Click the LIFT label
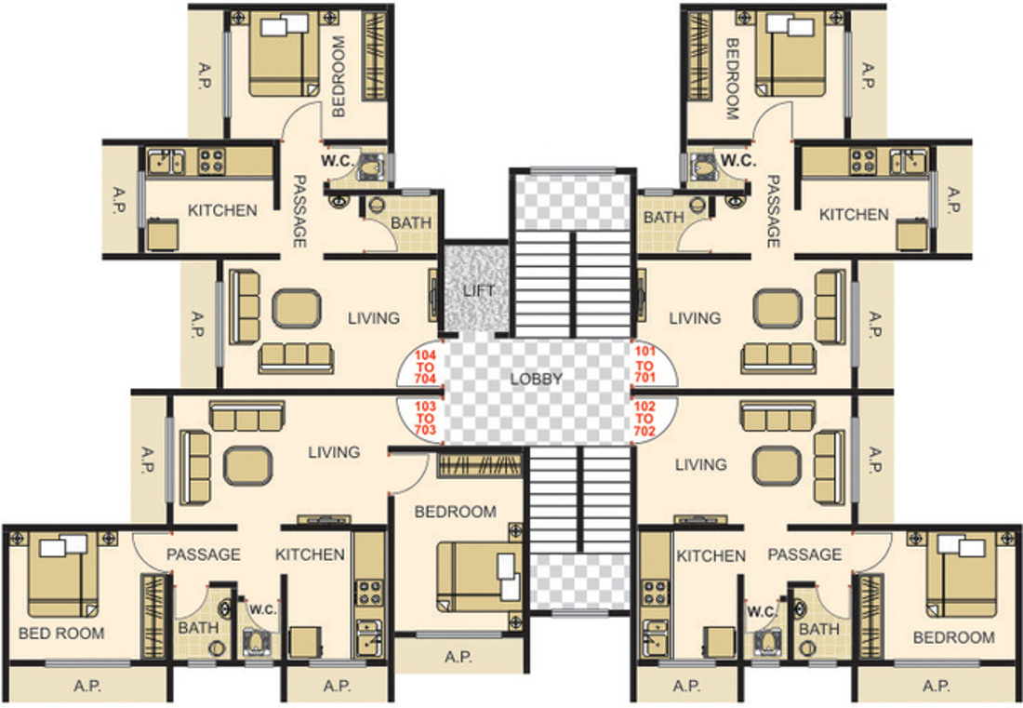[479, 291]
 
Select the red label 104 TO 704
[426, 367]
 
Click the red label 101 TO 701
[644, 365]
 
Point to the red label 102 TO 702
[644, 419]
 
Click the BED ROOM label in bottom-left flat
[61, 633]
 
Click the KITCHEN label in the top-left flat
[222, 210]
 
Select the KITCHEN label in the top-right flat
[854, 214]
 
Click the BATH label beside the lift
[410, 223]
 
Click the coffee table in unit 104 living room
[297, 308]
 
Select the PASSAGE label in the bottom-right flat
[804, 554]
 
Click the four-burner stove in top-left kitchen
[211, 159]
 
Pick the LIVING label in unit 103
[334, 452]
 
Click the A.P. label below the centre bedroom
[458, 657]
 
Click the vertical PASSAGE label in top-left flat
[299, 211]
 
